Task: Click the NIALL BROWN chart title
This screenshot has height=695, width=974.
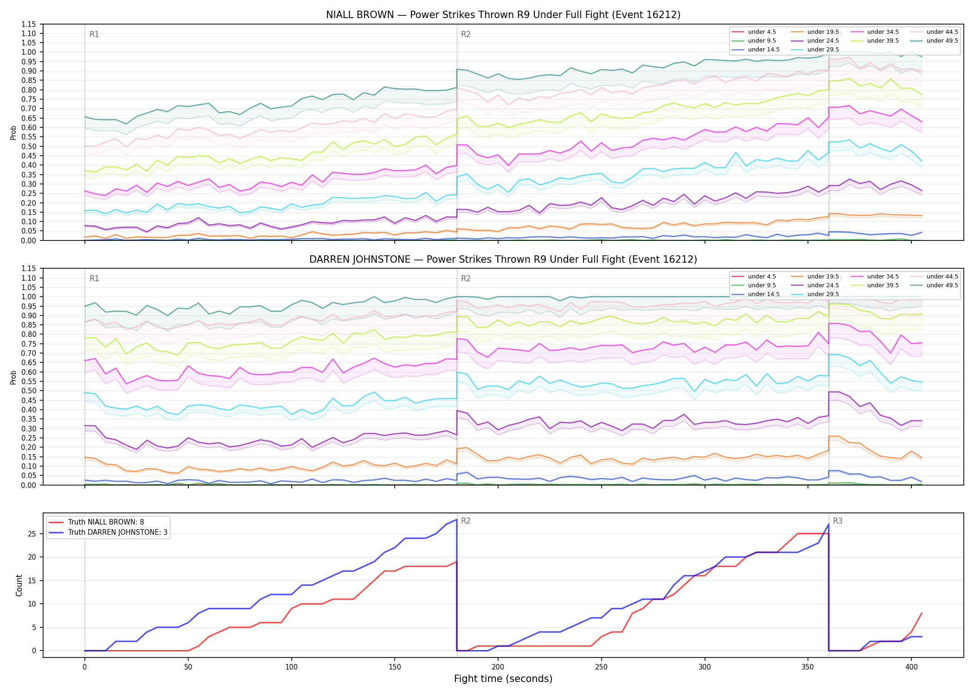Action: tap(503, 15)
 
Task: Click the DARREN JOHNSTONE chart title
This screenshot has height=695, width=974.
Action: tap(503, 259)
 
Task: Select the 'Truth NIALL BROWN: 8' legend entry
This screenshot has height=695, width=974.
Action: tap(106, 522)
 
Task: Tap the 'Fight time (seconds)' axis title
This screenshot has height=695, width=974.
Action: tap(503, 679)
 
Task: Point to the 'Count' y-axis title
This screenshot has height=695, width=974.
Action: tap(19, 585)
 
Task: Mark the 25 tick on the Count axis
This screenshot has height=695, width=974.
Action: tap(32, 534)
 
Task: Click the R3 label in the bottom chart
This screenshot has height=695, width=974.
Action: tap(838, 521)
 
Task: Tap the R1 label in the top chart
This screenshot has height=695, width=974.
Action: tap(94, 34)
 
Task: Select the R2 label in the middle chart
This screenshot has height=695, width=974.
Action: tap(466, 278)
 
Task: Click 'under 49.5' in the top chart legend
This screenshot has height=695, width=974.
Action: tap(942, 41)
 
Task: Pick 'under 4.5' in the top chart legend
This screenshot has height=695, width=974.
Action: tap(762, 32)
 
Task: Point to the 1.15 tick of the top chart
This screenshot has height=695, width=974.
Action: tap(29, 24)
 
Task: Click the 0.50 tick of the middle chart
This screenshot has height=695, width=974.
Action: tap(29, 391)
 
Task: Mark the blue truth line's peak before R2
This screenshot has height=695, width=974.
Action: tap(457, 519)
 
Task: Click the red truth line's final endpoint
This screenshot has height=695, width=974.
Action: tap(922, 613)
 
